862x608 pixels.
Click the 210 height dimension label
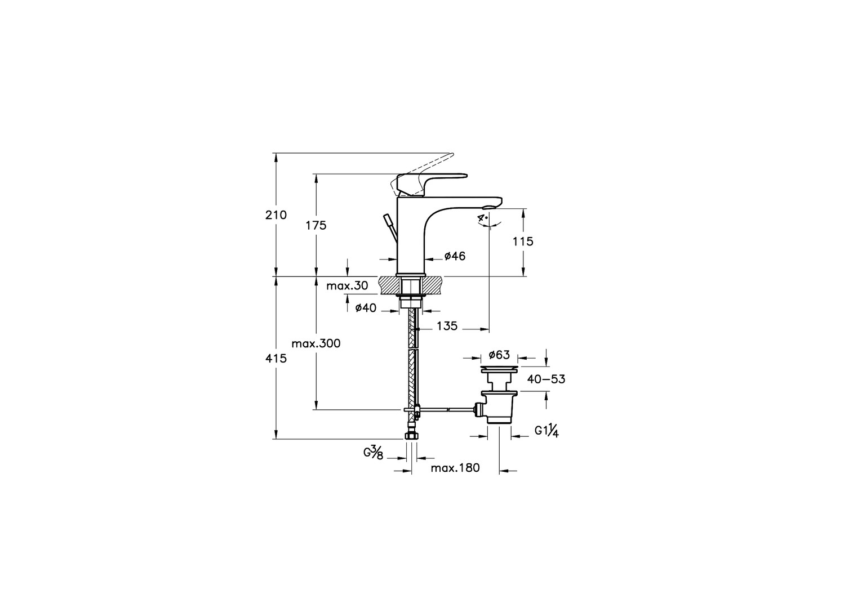276,215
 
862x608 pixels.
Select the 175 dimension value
316,225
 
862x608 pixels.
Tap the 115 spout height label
523,242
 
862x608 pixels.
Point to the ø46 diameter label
455,256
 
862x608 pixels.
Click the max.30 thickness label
347,286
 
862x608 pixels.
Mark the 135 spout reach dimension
447,326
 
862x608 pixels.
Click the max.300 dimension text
316,343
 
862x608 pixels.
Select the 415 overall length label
276,359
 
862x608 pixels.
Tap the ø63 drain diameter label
499,355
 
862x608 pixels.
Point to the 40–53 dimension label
546,379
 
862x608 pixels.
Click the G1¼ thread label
546,431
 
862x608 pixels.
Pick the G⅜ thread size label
374,453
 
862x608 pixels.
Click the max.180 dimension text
455,468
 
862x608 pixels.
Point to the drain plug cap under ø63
499,369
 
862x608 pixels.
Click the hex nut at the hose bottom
411,436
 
